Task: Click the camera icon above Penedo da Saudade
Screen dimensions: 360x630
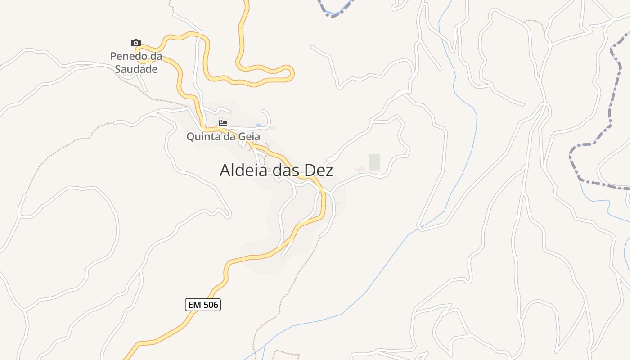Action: point(135,43)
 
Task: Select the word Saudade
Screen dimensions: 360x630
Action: point(136,69)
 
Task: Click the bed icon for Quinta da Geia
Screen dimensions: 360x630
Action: point(223,123)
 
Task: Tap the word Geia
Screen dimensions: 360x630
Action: point(250,136)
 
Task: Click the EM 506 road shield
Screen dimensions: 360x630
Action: point(203,305)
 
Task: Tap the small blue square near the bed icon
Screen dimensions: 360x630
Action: point(258,125)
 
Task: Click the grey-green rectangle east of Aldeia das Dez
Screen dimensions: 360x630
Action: point(374,162)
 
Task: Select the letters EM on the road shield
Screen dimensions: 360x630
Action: point(194,305)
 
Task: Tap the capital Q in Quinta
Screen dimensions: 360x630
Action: point(191,136)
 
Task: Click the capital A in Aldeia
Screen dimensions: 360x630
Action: point(225,171)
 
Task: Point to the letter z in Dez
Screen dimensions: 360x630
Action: point(329,171)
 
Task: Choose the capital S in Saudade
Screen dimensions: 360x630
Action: point(118,69)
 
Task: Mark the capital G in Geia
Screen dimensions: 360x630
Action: point(242,136)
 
